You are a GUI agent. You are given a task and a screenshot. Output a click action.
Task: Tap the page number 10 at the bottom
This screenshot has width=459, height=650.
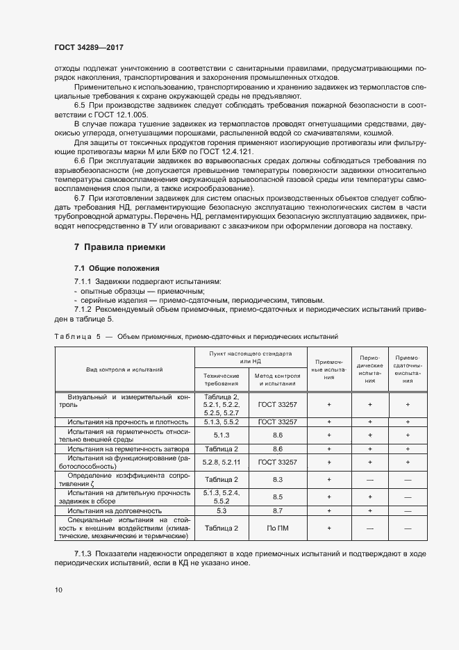pyautogui.click(x=58, y=590)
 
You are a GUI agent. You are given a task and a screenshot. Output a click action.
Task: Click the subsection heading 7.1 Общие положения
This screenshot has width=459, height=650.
pyautogui.click(x=117, y=268)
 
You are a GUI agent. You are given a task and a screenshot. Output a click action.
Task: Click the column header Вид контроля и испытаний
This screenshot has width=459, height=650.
pyautogui.click(x=124, y=369)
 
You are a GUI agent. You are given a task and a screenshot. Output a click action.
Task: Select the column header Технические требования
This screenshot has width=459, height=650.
pyautogui.click(x=221, y=379)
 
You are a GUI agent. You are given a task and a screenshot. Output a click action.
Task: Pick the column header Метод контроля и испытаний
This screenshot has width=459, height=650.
pyautogui.click(x=278, y=379)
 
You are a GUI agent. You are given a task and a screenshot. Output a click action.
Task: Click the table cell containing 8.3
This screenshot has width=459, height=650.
pyautogui.click(x=278, y=479)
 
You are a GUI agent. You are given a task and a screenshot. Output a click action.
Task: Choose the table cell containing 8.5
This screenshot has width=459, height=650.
pyautogui.click(x=278, y=497)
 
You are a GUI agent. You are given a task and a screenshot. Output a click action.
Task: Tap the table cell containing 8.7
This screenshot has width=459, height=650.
pyautogui.click(x=278, y=510)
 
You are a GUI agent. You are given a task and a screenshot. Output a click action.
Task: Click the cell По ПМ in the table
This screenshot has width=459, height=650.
pyautogui.click(x=278, y=528)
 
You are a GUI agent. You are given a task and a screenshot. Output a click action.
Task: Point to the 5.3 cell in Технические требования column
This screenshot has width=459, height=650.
pyautogui.click(x=221, y=510)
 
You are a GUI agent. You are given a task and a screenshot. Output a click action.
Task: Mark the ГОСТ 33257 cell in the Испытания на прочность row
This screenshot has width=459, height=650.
pyautogui.click(x=278, y=422)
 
